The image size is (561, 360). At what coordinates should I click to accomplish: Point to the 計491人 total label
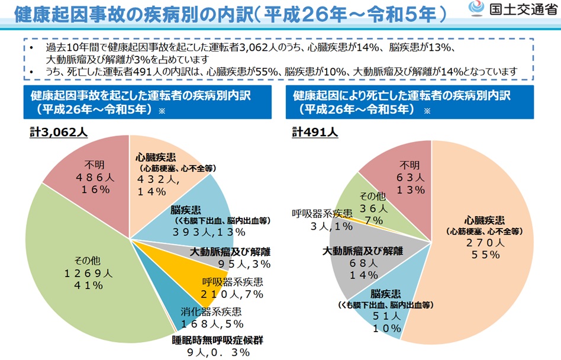[315, 132]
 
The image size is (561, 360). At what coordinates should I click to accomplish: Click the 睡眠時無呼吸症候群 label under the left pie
[217, 340]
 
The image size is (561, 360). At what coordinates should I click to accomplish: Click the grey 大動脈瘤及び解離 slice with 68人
[361, 261]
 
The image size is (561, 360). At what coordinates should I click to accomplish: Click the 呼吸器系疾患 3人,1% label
[323, 220]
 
